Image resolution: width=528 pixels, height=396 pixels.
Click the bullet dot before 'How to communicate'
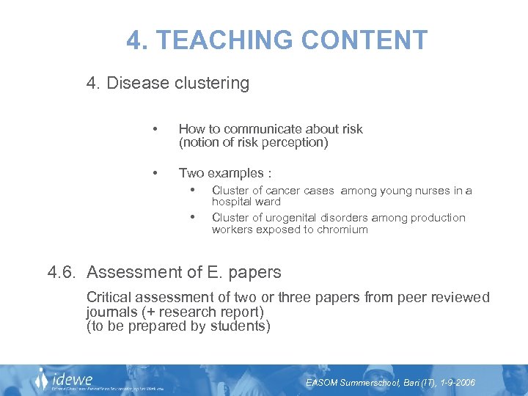pyautogui.click(x=155, y=129)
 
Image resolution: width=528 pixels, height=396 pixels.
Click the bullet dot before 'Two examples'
pyautogui.click(x=155, y=173)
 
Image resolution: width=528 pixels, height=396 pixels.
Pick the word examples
pyautogui.click(x=237, y=174)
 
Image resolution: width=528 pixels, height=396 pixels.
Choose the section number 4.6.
pyautogui.click(x=63, y=273)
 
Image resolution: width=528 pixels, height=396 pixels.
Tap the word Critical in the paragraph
pyautogui.click(x=110, y=298)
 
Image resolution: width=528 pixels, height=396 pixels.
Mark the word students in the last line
pyautogui.click(x=241, y=326)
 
